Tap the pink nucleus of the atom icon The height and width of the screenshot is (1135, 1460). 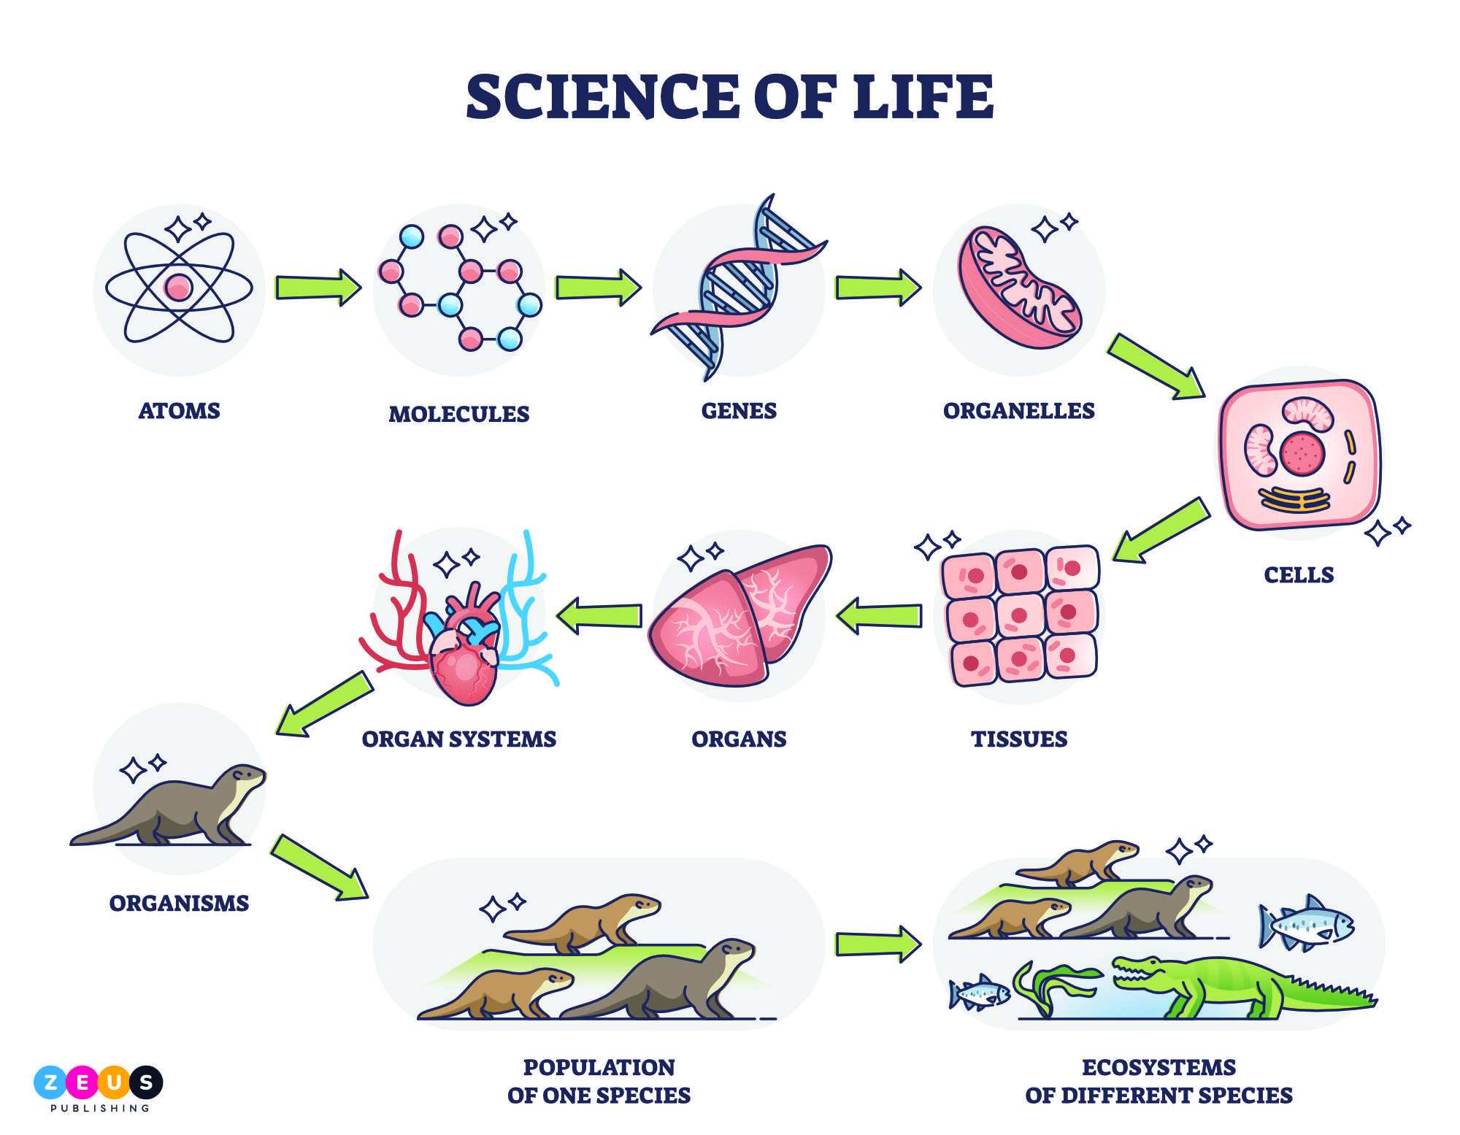[178, 287]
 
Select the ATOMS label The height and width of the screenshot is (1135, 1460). [179, 410]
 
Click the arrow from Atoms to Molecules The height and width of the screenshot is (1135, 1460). [318, 288]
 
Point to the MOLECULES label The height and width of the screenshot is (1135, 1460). [458, 414]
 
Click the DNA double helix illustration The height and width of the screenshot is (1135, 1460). [739, 287]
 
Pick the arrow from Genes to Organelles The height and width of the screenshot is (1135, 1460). [878, 288]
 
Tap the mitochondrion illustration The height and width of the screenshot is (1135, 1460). [1019, 287]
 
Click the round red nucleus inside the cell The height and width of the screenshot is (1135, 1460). [1302, 453]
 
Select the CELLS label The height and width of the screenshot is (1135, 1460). [1299, 574]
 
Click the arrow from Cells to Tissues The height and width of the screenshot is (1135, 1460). [1161, 531]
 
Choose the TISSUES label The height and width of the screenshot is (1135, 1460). [1019, 739]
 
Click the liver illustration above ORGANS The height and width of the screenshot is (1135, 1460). [739, 615]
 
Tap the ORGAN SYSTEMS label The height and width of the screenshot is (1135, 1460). [458, 739]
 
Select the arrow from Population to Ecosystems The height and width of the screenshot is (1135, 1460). [878, 944]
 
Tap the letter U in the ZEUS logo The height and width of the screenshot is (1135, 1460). [114, 1082]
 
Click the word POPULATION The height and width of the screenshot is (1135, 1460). [599, 1067]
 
